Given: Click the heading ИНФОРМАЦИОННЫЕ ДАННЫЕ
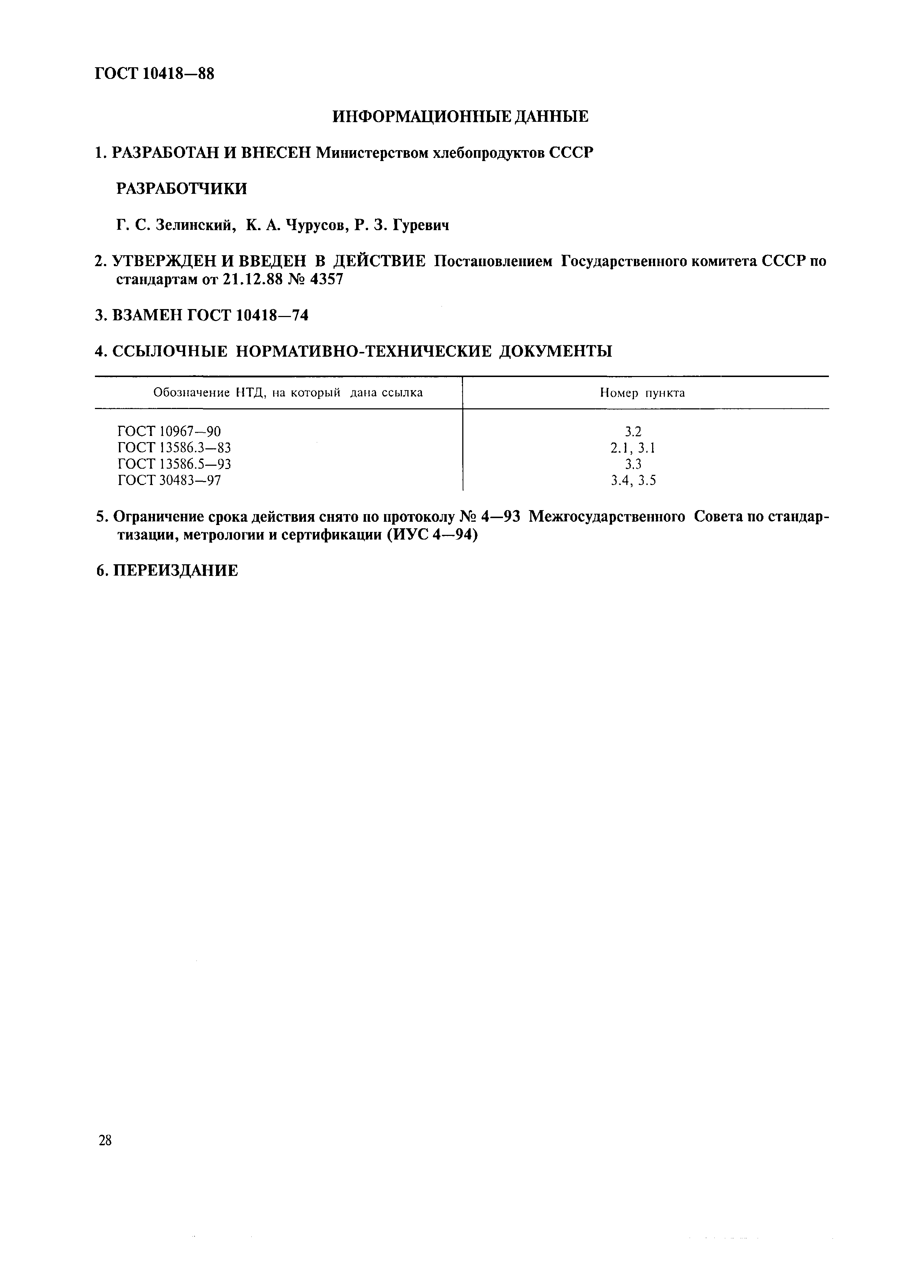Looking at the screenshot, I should click(x=460, y=117).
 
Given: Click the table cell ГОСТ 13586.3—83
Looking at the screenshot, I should click(x=174, y=448).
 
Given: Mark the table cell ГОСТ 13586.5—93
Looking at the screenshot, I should click(x=174, y=464).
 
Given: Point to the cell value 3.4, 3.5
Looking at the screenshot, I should click(x=633, y=480).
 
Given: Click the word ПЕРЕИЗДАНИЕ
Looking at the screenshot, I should click(x=176, y=571).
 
